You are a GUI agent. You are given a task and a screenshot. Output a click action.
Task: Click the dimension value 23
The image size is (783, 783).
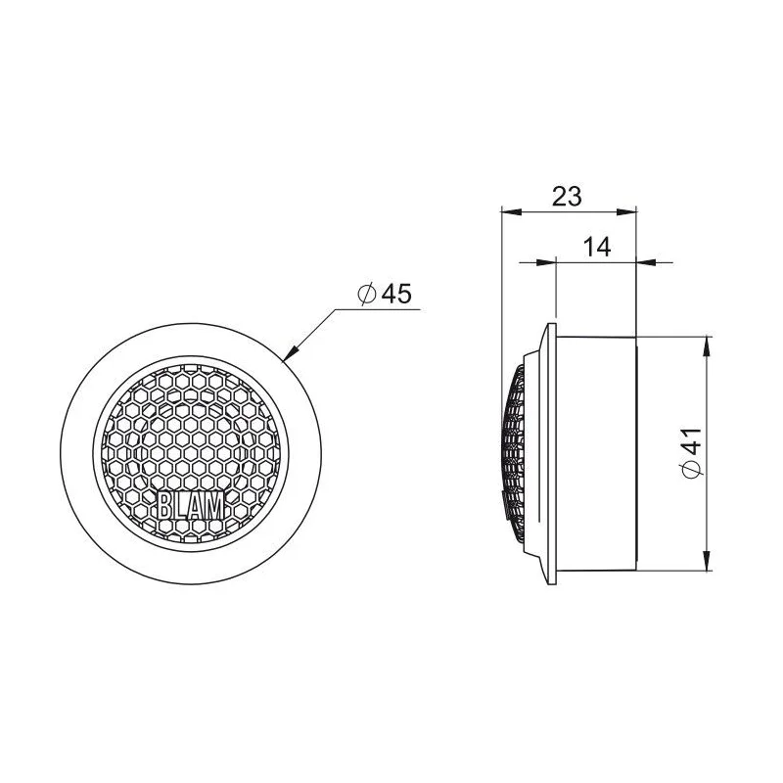point(567,197)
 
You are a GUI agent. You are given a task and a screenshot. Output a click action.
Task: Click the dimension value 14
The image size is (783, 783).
point(597,247)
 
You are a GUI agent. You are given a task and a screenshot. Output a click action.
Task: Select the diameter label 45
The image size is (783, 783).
point(396,294)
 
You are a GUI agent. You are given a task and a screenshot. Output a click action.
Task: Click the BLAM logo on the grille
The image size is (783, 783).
point(191,505)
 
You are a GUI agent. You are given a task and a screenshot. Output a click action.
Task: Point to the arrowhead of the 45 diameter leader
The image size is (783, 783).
point(290,352)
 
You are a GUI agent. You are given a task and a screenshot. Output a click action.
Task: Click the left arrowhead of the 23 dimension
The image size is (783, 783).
point(511,212)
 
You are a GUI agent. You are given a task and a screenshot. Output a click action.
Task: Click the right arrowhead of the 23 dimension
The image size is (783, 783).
point(626,212)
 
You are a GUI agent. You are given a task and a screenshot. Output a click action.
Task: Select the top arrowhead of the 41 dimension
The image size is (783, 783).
point(707,346)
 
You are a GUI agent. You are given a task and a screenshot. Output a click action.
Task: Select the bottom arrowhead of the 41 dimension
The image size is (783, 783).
point(707,560)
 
